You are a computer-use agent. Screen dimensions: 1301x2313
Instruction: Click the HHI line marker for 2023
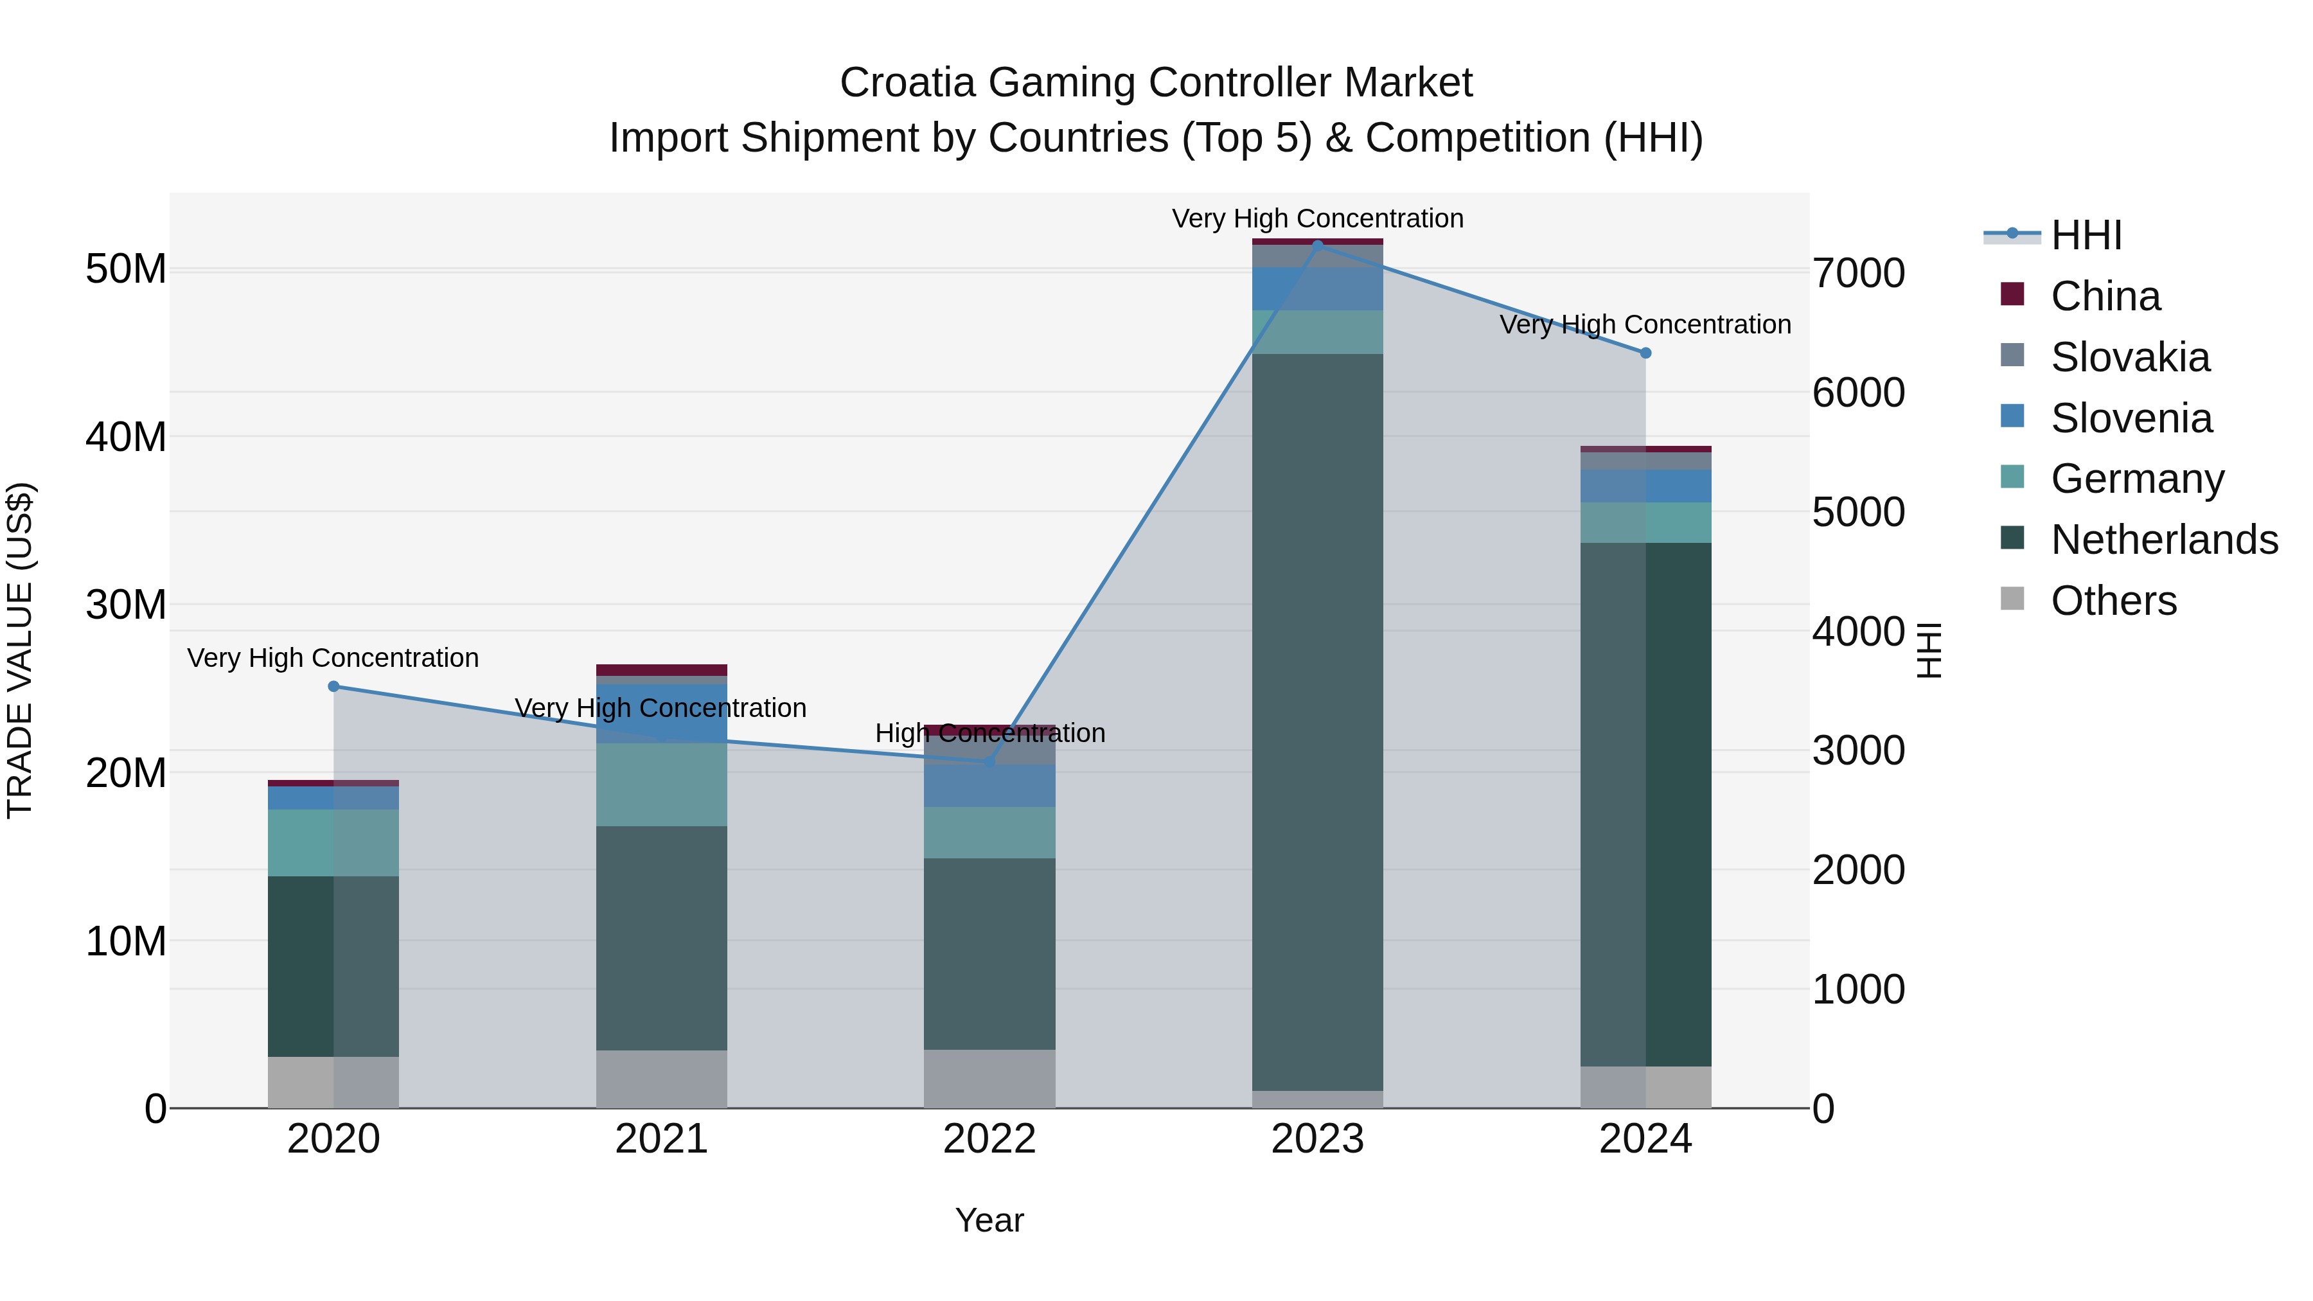click(x=1317, y=243)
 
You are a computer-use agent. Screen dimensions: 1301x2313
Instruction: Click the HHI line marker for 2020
click(x=333, y=686)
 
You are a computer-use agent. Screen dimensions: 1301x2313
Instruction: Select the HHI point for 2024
click(x=1645, y=353)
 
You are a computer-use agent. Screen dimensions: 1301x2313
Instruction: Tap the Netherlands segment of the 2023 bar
click(x=1317, y=718)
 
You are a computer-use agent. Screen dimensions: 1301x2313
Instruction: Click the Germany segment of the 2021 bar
click(x=661, y=784)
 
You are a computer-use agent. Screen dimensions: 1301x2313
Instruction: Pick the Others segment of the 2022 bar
click(x=989, y=1077)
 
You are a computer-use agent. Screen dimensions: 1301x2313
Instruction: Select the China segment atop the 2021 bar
click(x=661, y=670)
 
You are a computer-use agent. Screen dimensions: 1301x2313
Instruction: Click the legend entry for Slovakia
click(x=2129, y=357)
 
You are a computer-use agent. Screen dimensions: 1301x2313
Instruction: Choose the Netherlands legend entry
click(x=2163, y=540)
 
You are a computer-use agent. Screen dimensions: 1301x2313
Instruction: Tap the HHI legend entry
click(x=2086, y=235)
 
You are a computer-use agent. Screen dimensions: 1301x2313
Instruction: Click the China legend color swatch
click(x=2012, y=294)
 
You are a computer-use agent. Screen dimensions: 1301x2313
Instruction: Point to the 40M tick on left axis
click(x=126, y=438)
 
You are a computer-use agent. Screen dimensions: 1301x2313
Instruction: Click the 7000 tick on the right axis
click(x=1857, y=273)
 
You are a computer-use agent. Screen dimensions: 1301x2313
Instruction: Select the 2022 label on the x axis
click(x=989, y=1139)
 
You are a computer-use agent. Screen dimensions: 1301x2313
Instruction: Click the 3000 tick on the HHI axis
click(x=1857, y=750)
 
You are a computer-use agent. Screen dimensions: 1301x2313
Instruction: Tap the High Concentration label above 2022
click(x=989, y=732)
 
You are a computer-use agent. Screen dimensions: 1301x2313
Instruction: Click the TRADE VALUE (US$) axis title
click(x=20, y=650)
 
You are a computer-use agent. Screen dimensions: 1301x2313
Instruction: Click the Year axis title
click(x=989, y=1220)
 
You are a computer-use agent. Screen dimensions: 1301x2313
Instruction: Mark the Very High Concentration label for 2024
click(x=1644, y=324)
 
